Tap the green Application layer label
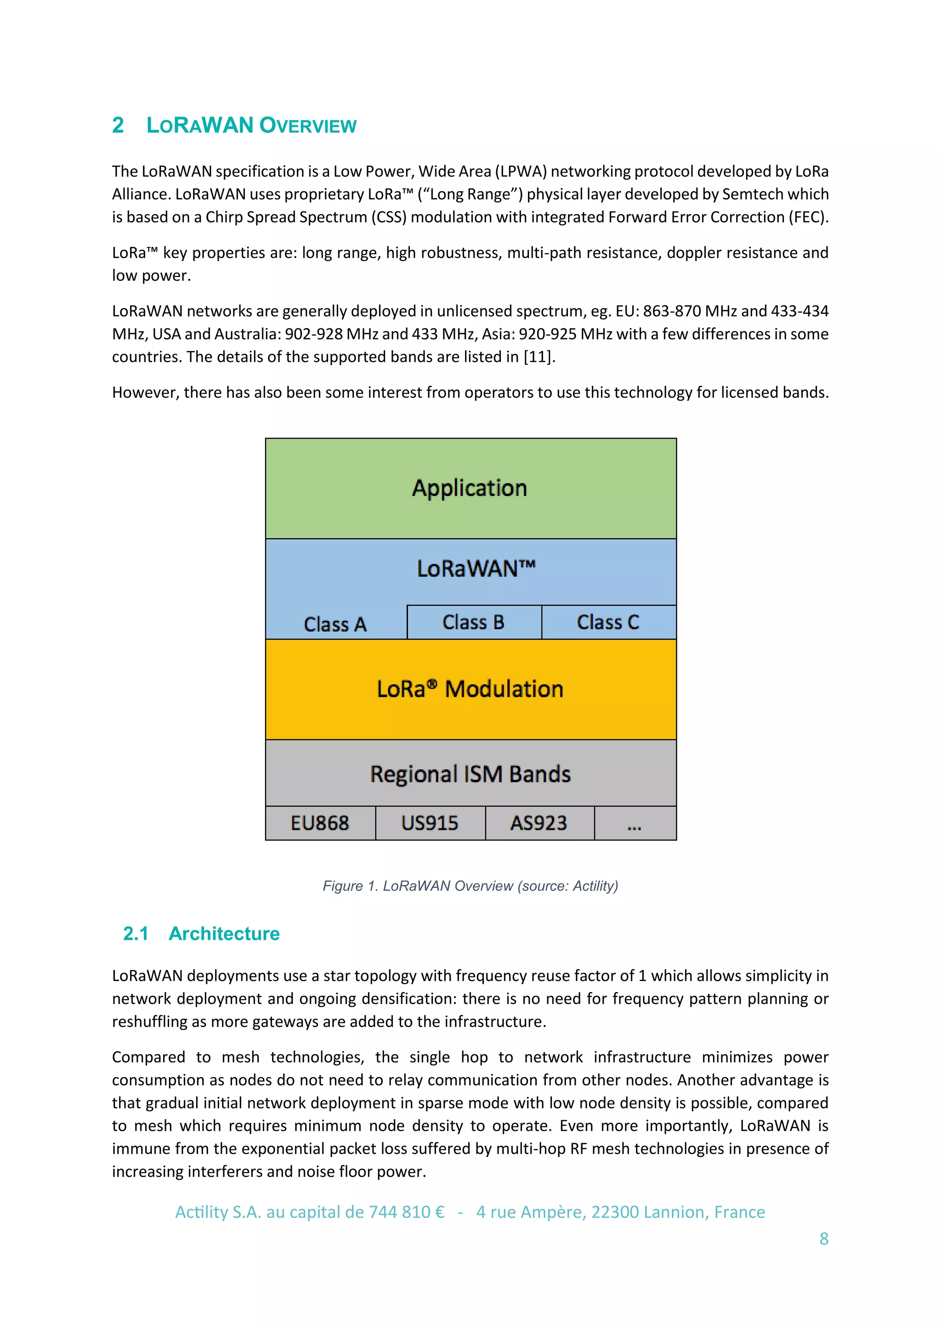tap(469, 488)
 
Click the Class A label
tap(335, 625)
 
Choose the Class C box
tap(608, 622)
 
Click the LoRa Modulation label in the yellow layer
tap(470, 689)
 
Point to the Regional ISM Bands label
tap(470, 774)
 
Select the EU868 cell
tap(320, 823)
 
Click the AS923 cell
tap(539, 823)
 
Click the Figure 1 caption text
tap(470, 886)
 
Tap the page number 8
tap(823, 1239)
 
